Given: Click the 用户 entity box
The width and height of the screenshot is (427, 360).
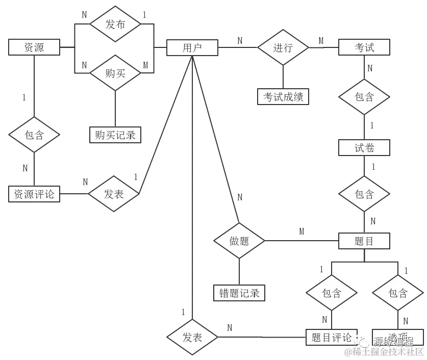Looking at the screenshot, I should point(192,48).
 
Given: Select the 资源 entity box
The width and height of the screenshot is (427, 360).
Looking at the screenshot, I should point(34,48).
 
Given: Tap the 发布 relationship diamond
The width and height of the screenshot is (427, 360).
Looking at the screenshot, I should point(115,24).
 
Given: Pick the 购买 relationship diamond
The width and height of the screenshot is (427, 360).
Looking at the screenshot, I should point(115,73).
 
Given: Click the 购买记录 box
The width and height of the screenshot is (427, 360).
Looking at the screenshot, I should point(115,135).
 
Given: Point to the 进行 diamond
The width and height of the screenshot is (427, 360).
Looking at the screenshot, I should point(283,47).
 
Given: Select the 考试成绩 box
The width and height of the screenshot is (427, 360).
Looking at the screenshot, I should point(283,96).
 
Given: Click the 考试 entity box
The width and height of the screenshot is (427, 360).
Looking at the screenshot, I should point(364,47).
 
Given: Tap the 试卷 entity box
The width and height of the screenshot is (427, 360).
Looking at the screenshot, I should point(364,148).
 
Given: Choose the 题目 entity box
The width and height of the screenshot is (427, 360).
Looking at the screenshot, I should point(364,241).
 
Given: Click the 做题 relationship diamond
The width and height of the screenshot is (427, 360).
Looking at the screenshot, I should point(239,241).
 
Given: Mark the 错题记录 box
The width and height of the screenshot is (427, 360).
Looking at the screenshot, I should point(239,293).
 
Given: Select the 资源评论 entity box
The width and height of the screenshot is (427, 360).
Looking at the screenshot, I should point(34,194).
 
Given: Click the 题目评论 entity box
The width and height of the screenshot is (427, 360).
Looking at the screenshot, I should point(332,337).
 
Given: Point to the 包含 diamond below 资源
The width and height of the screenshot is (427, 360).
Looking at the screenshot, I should point(34,135).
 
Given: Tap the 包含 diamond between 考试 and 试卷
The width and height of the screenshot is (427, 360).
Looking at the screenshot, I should point(364,96).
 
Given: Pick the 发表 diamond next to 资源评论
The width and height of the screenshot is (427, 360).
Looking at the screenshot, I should point(114,194).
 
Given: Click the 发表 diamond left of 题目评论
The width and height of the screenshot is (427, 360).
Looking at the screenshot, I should point(192,337).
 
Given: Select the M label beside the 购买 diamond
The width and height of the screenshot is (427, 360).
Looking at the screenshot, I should point(145,65).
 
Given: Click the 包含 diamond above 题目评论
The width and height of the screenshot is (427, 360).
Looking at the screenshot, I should point(332,293).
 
